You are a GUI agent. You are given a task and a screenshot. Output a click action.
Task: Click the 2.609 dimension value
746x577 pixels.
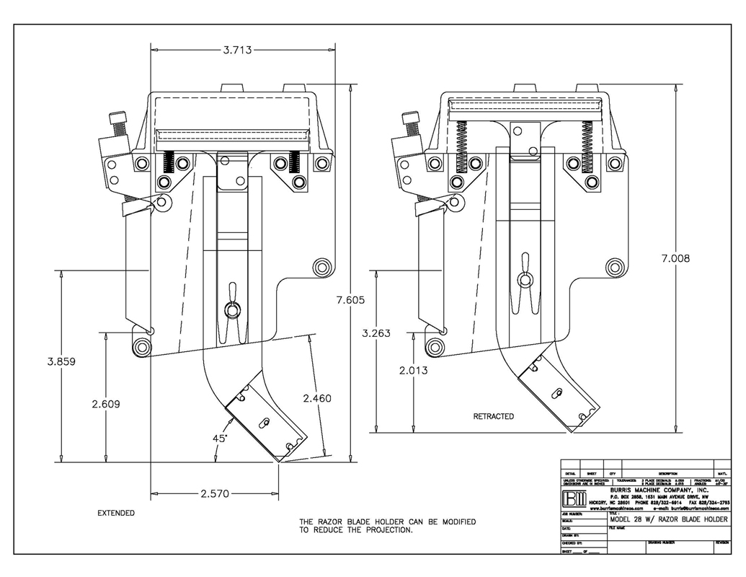click(x=107, y=405)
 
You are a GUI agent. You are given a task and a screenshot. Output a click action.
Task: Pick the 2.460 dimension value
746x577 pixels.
click(x=318, y=398)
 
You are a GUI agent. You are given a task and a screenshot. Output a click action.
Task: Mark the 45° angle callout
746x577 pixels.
click(x=219, y=438)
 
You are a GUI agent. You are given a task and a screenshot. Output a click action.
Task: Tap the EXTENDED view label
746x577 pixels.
click(x=115, y=514)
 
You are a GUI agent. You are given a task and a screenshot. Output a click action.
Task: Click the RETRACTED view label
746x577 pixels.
click(x=493, y=417)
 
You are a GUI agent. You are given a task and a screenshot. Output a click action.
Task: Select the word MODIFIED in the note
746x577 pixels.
click(x=452, y=521)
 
